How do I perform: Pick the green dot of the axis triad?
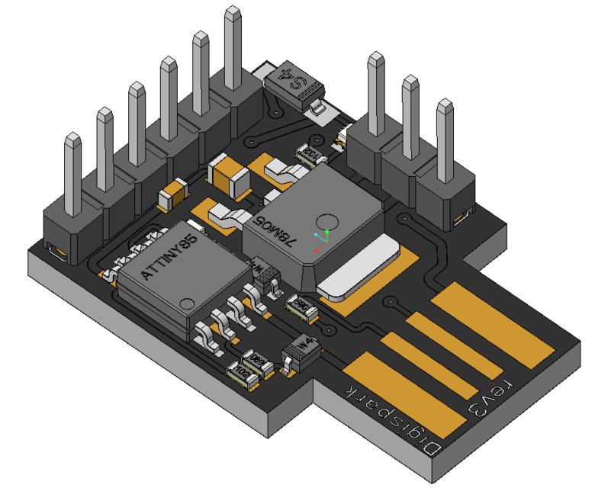[327, 230]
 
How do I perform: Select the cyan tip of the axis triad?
[316, 235]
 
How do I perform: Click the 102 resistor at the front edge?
[243, 374]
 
